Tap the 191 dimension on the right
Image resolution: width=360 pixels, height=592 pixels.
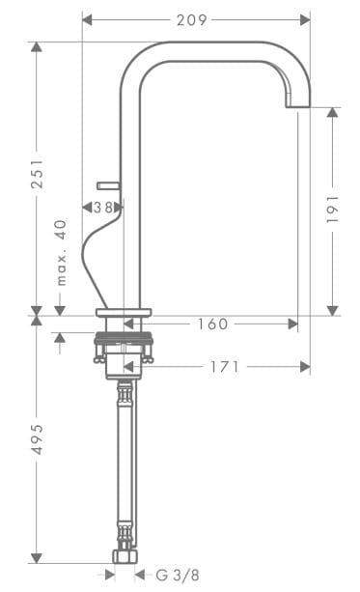333,211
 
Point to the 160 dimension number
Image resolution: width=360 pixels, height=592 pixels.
212,324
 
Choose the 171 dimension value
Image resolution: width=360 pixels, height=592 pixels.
224,367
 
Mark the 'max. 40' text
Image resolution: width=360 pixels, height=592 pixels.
61,253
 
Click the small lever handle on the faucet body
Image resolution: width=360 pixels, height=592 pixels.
106,183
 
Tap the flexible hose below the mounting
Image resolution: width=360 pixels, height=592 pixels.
124,454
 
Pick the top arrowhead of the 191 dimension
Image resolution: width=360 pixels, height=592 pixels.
333,113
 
